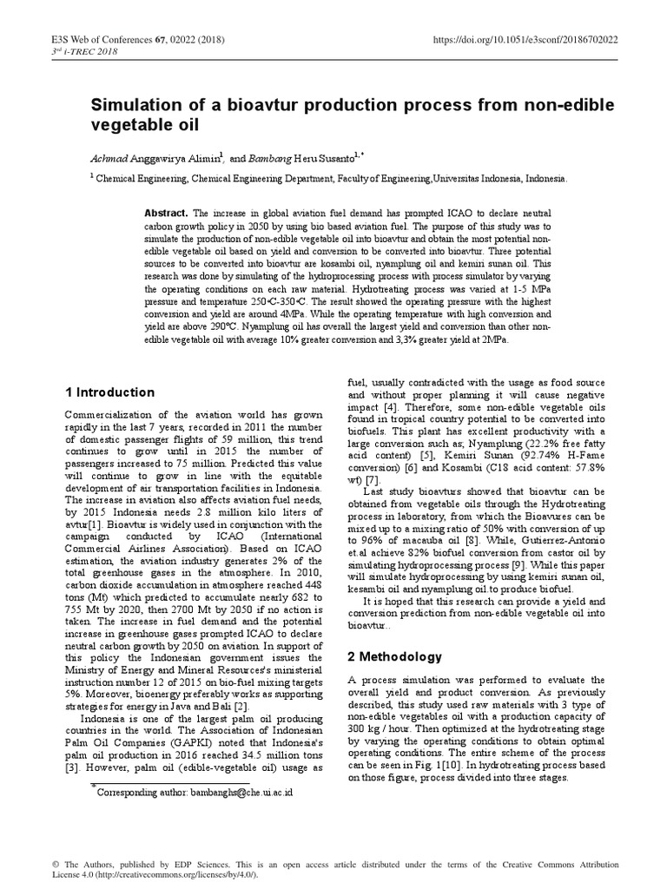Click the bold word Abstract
pos(166,213)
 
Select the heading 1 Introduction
pos(109,392)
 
